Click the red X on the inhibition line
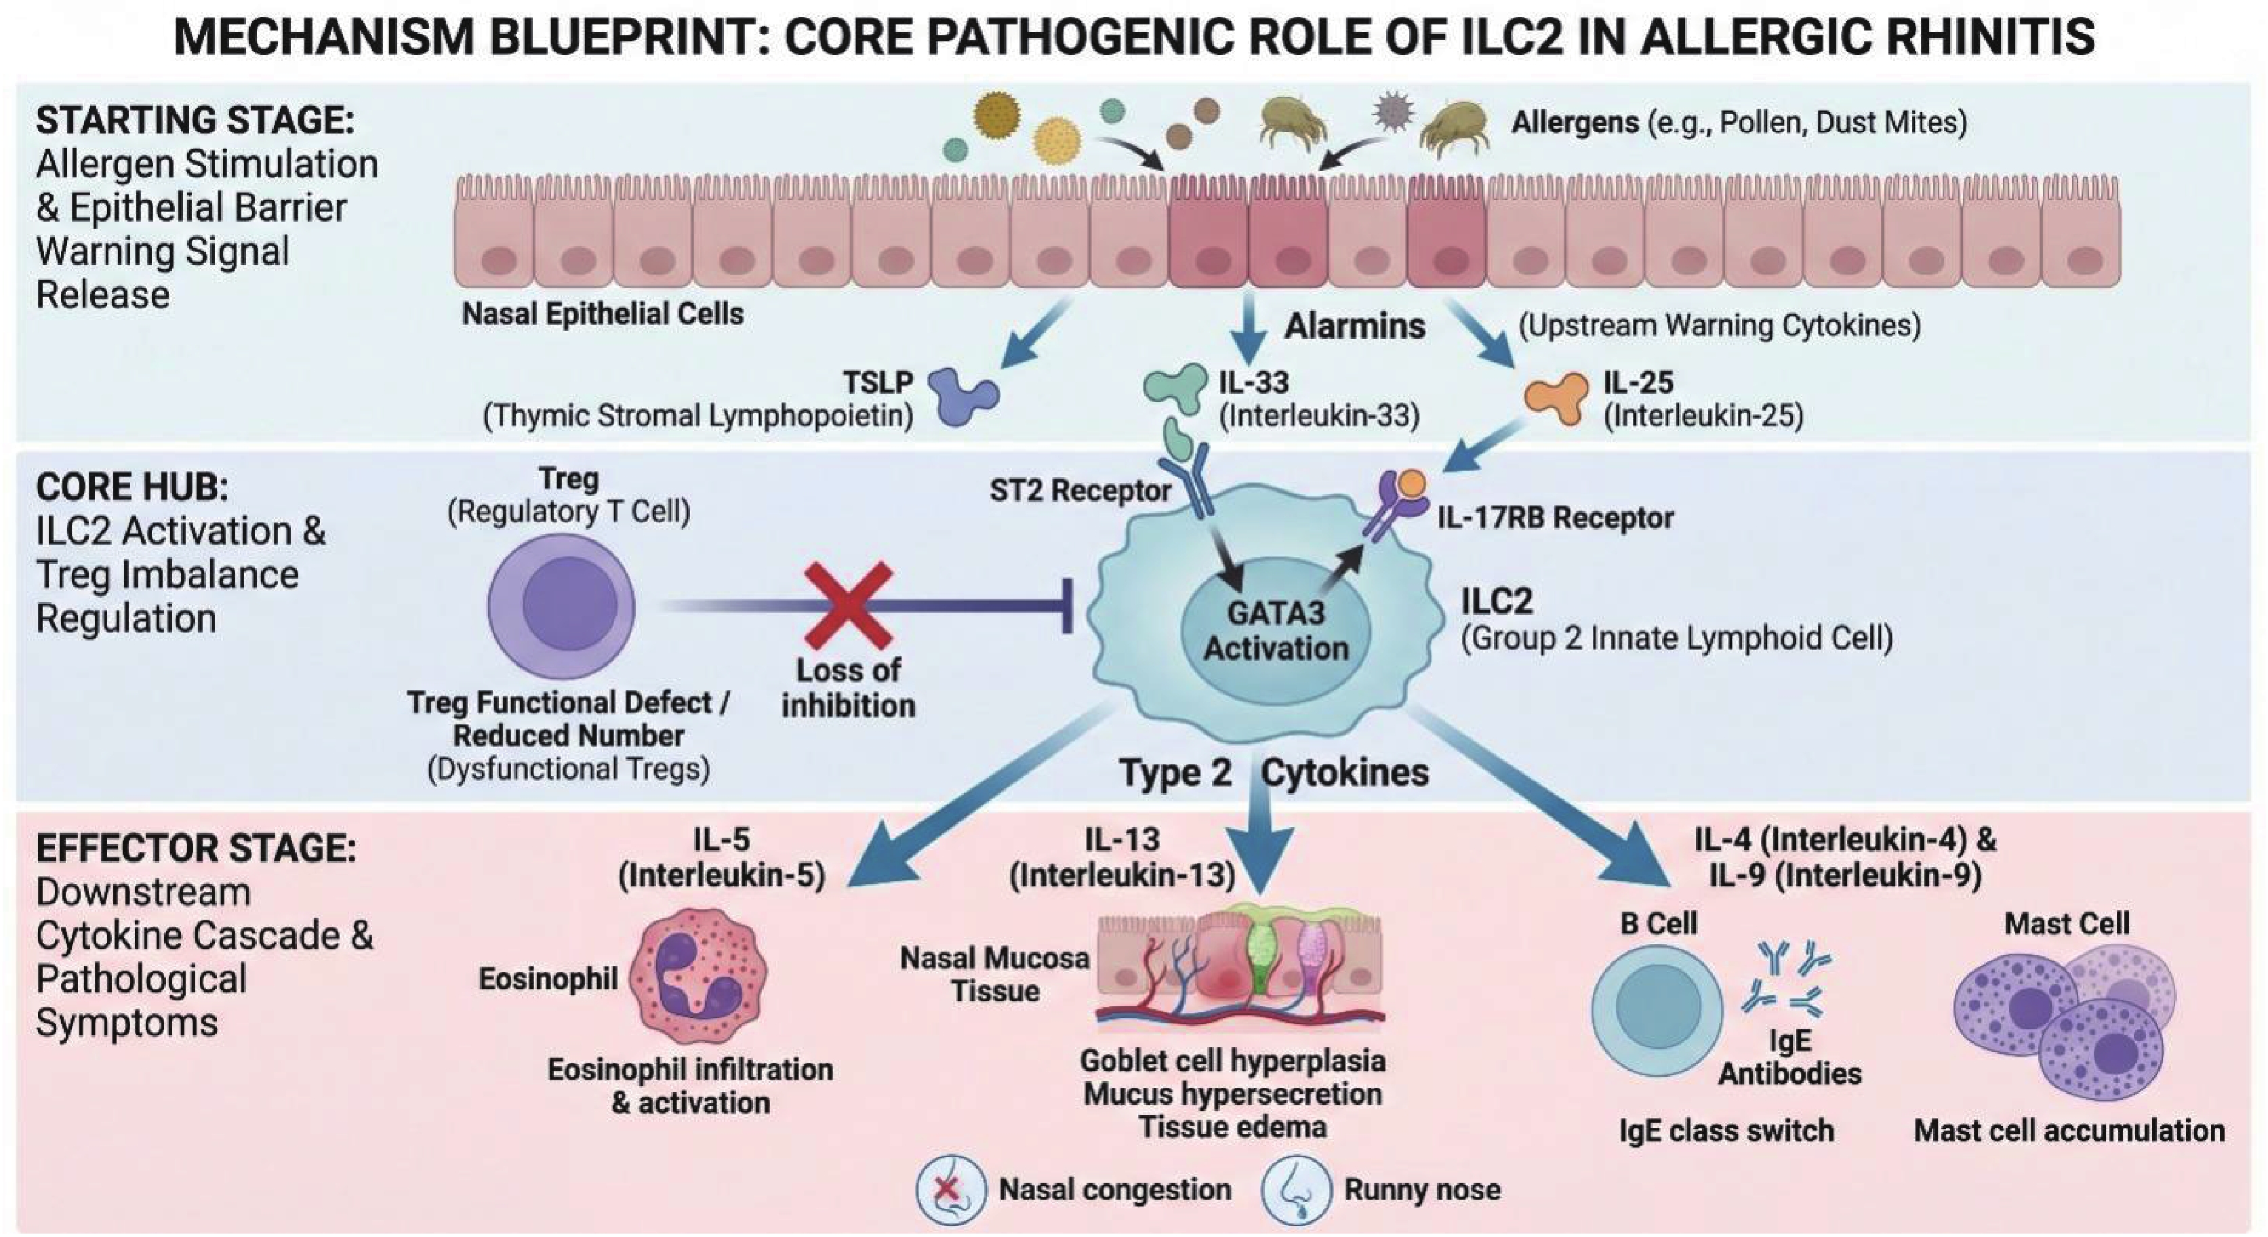click(x=849, y=606)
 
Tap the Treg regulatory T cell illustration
click(x=563, y=606)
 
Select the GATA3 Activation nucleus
click(x=1275, y=630)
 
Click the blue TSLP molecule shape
click(x=965, y=397)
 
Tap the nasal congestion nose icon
click(x=949, y=1190)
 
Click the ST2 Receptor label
click(x=1079, y=491)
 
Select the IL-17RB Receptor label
click(x=1555, y=518)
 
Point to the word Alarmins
click(x=1354, y=326)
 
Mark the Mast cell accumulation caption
click(x=2069, y=1131)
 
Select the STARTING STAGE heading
click(x=195, y=120)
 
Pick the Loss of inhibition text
click(x=848, y=687)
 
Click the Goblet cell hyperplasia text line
click(x=1232, y=1061)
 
